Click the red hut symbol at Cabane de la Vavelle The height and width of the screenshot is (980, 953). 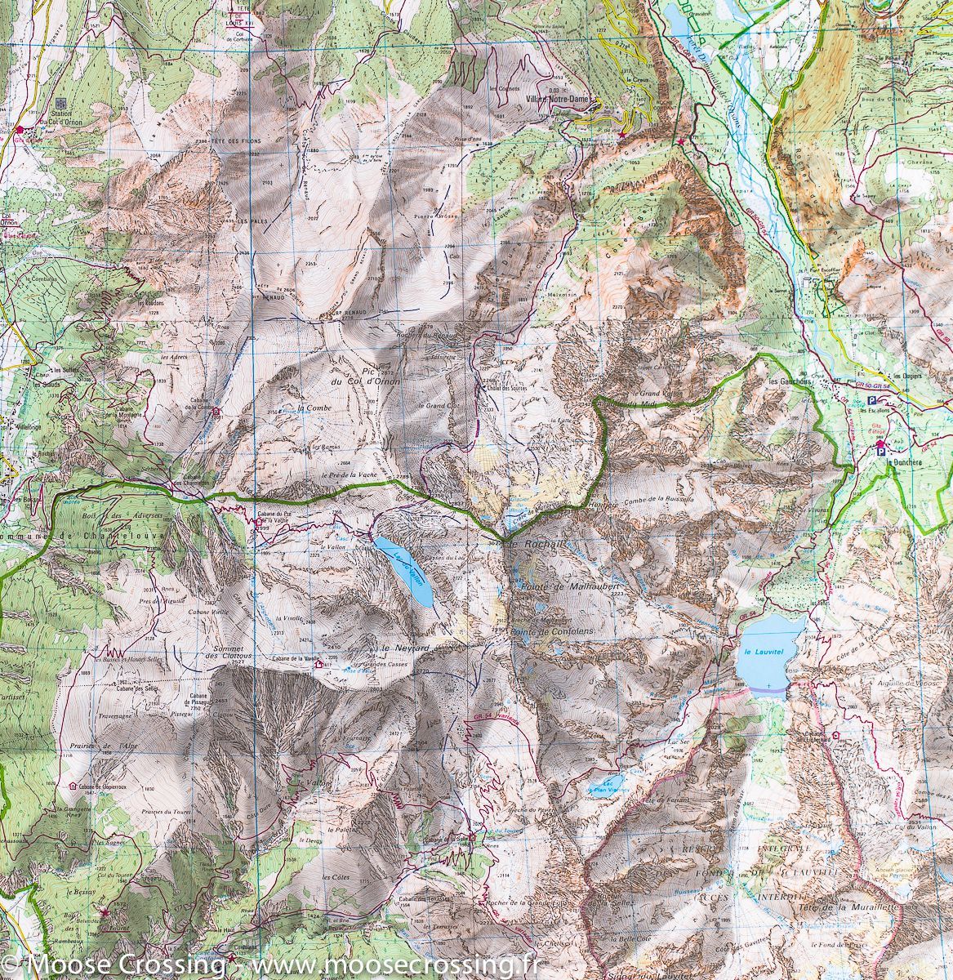point(319,665)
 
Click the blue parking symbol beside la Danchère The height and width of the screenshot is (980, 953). point(880,445)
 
